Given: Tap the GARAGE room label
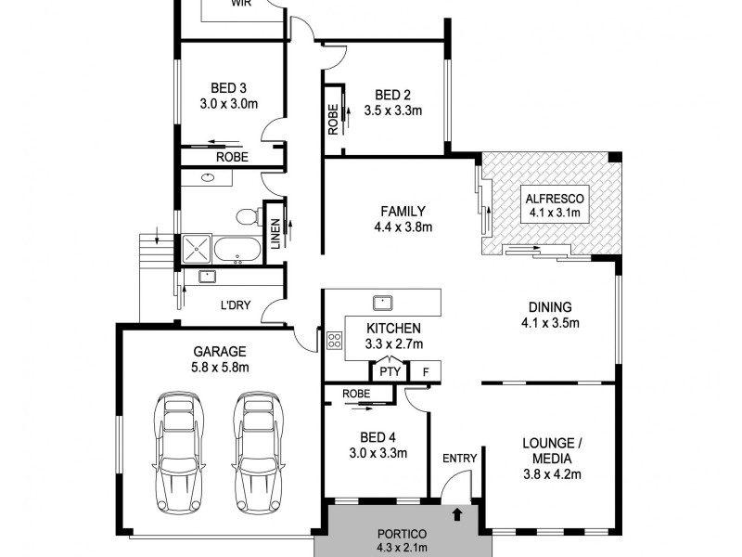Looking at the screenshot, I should pyautogui.click(x=219, y=352).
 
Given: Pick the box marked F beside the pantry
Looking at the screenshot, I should pyautogui.click(x=426, y=371).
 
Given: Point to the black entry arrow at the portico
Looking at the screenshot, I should pyautogui.click(x=456, y=512).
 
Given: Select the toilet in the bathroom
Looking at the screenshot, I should pyautogui.click(x=246, y=217).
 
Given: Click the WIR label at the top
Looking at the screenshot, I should pyautogui.click(x=241, y=4).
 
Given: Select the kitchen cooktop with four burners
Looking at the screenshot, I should pyautogui.click(x=334, y=340).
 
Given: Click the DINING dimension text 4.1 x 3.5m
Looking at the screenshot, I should pyautogui.click(x=551, y=324).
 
